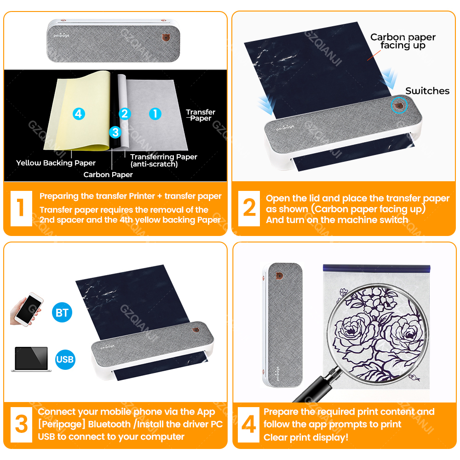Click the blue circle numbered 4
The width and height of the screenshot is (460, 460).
[x=79, y=114]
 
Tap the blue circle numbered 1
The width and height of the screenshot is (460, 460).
[x=155, y=114]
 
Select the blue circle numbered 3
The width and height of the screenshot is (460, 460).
[x=115, y=132]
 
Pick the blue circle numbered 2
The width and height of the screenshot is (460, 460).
[x=125, y=114]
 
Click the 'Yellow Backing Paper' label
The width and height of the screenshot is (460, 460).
[x=56, y=163]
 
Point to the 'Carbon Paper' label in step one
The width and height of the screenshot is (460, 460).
[x=108, y=174]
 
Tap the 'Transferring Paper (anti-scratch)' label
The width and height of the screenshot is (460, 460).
[x=164, y=160]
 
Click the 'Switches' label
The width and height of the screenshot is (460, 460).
[x=427, y=91]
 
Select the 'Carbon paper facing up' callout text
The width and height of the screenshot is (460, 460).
[x=403, y=41]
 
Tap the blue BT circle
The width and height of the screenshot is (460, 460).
[x=62, y=312]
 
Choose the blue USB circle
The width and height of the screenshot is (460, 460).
[x=65, y=359]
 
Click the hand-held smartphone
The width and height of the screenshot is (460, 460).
[x=26, y=309]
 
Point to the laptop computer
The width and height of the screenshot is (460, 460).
[x=31, y=359]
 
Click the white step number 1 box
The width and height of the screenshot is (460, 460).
[x=21, y=208]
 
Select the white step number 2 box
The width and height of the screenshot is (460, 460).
[x=249, y=208]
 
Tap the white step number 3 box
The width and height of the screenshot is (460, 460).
[x=21, y=425]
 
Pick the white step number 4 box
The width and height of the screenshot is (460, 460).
[x=248, y=425]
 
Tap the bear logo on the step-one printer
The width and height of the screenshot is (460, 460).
[x=167, y=38]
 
